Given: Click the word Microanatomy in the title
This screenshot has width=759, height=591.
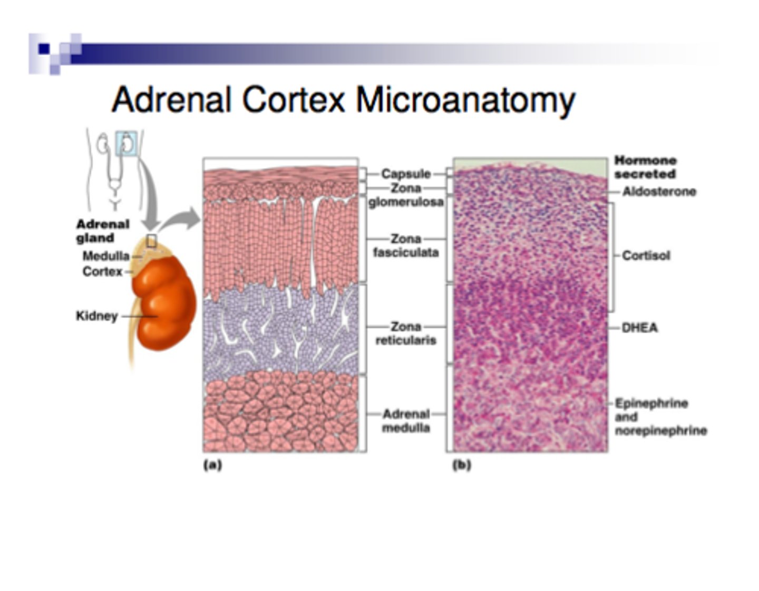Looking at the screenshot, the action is pyautogui.click(x=465, y=101).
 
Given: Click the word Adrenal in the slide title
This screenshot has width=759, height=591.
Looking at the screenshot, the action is pyautogui.click(x=171, y=99).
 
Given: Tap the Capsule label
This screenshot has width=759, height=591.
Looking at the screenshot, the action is pyautogui.click(x=406, y=174).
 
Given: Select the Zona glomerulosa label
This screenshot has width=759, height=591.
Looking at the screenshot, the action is pyautogui.click(x=406, y=195).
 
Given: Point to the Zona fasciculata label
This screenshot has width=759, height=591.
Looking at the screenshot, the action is pyautogui.click(x=406, y=245).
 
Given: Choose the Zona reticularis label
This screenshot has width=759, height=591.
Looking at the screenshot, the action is pyautogui.click(x=406, y=333).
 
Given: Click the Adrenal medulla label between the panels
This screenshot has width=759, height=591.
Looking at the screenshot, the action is pyautogui.click(x=406, y=421).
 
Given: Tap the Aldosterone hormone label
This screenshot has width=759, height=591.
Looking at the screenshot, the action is pyautogui.click(x=659, y=192).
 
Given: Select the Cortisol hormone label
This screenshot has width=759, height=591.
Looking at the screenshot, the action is pyautogui.click(x=646, y=255).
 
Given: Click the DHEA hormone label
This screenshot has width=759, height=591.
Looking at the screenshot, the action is pyautogui.click(x=640, y=328).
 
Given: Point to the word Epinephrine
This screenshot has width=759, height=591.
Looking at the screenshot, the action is pyautogui.click(x=651, y=403).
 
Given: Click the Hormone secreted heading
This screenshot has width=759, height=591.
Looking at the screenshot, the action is pyautogui.click(x=646, y=167).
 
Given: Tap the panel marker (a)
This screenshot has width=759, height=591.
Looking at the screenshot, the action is pyautogui.click(x=213, y=465).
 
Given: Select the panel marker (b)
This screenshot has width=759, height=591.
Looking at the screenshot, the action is pyautogui.click(x=462, y=465).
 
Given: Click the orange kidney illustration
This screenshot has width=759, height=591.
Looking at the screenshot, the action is pyautogui.click(x=163, y=302).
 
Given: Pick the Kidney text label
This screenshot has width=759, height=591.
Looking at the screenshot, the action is pyautogui.click(x=97, y=316).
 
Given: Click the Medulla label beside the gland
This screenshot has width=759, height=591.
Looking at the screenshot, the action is pyautogui.click(x=106, y=256).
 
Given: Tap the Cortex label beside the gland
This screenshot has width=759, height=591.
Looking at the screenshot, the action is pyautogui.click(x=102, y=271).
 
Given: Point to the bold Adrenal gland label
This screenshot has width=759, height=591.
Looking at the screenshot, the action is pyautogui.click(x=103, y=231).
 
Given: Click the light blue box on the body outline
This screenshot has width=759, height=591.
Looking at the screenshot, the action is pyautogui.click(x=126, y=143).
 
